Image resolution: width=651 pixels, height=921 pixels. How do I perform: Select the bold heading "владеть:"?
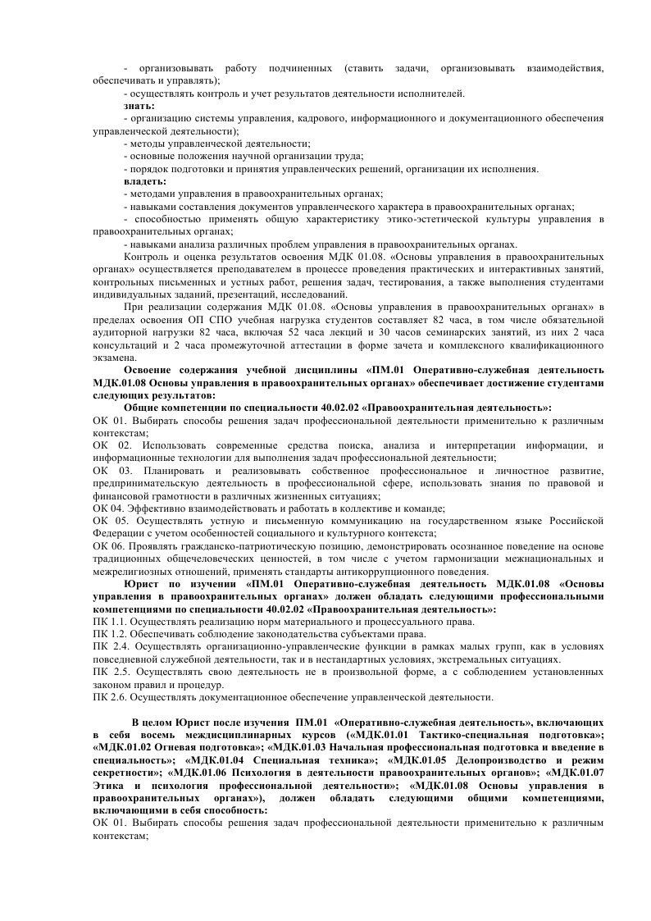coord(144,180)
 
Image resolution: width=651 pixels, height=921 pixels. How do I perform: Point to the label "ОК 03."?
coord(112,472)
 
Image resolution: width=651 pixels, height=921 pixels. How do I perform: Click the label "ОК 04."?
coord(108,508)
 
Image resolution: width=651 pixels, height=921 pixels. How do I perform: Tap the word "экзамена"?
coord(114,357)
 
